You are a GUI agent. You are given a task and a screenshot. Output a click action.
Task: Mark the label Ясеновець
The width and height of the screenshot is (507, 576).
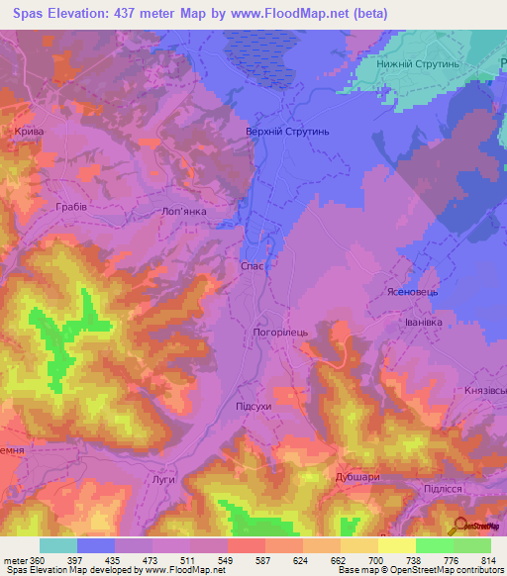(409, 293)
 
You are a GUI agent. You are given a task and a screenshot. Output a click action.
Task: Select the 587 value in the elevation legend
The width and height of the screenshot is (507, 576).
(263, 561)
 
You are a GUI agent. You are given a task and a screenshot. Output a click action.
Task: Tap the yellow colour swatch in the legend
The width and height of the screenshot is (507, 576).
(397, 545)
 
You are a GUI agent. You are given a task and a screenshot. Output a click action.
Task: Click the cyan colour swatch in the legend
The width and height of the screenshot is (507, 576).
(58, 545)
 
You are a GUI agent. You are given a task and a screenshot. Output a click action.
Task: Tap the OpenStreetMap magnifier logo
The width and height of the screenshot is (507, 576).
(458, 526)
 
